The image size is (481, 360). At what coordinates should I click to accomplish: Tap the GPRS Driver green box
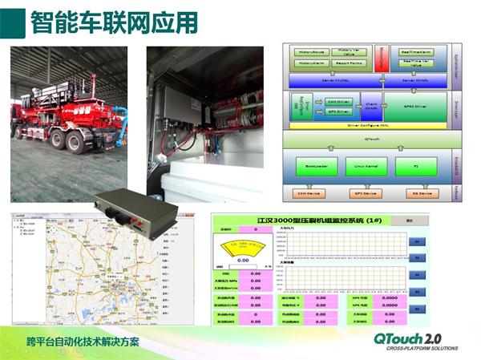click(x=414, y=105)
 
